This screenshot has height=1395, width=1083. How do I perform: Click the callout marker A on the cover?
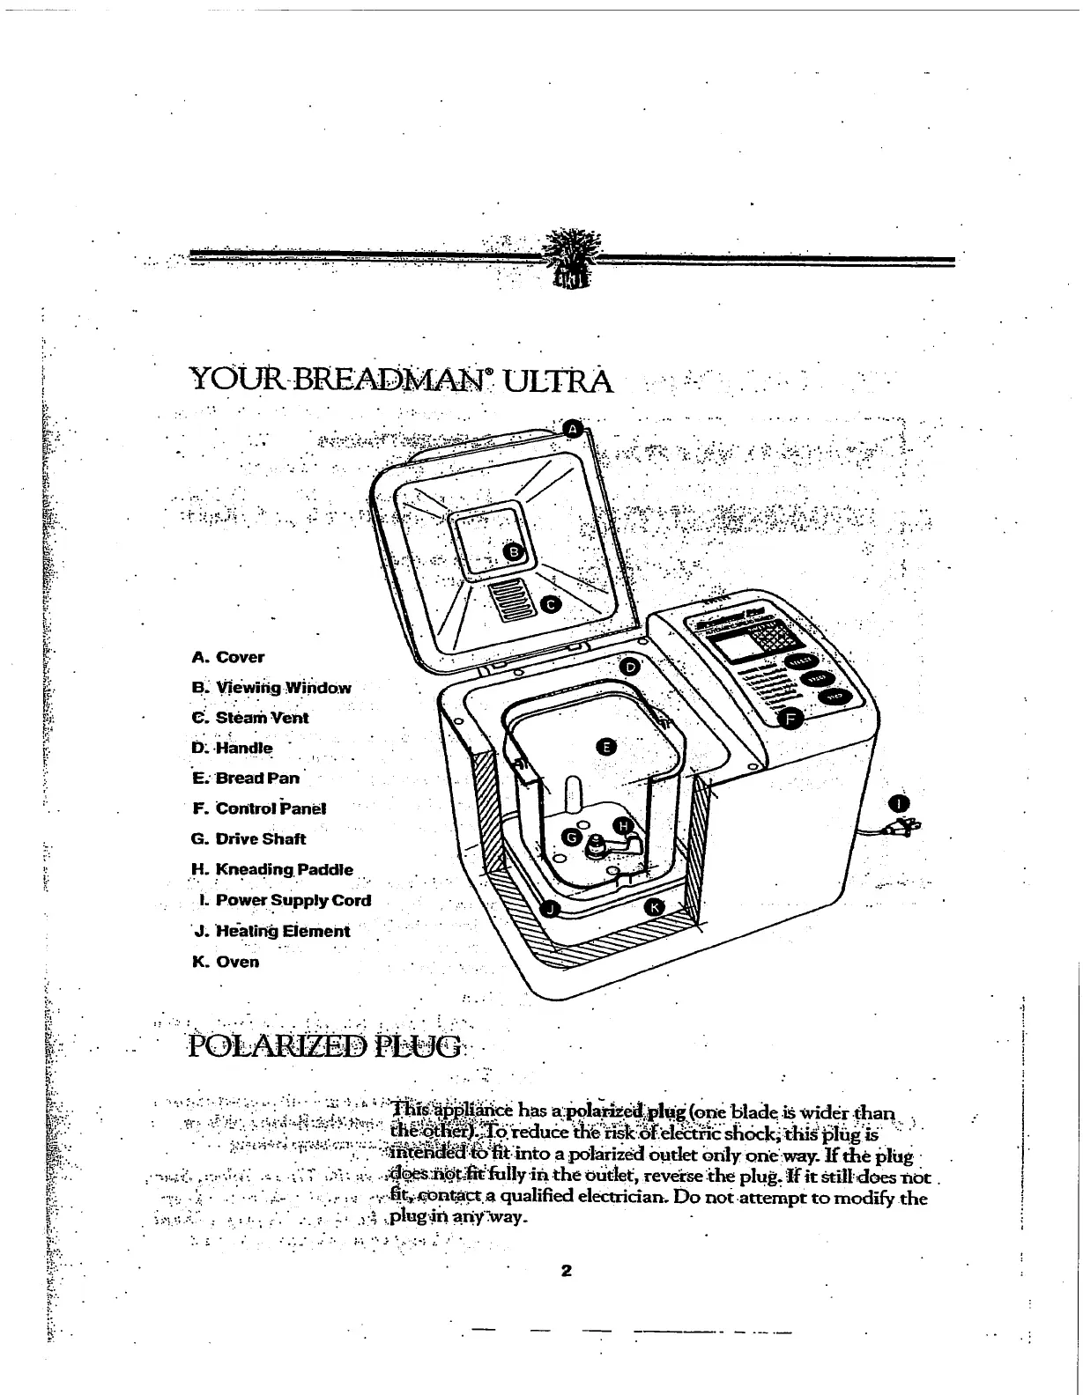[573, 428]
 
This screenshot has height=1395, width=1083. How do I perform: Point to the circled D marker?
[630, 666]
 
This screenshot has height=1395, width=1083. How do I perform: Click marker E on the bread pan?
[605, 747]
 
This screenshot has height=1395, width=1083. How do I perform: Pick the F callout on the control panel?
[790, 719]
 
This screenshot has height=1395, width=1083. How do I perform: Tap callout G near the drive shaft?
[571, 838]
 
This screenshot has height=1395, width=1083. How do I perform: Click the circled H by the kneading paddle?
[623, 825]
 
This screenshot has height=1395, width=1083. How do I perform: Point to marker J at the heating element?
[550, 909]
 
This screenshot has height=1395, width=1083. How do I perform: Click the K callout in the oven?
[654, 908]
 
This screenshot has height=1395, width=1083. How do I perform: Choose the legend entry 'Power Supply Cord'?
[293, 900]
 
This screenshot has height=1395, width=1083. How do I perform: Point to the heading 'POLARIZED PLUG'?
[323, 1048]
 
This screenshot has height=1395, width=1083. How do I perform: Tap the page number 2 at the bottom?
[566, 1271]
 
